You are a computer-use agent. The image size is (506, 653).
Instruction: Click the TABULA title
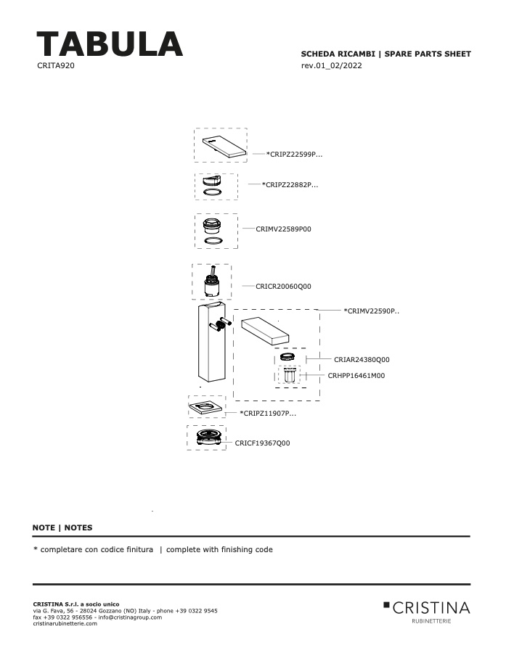pos(110,44)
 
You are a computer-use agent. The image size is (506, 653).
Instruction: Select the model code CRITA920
pos(56,65)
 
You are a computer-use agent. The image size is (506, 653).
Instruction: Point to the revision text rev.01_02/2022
pos(331,65)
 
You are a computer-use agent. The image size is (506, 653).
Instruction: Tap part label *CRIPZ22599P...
pos(294,154)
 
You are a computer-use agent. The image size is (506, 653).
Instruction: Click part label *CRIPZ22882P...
pos(290,184)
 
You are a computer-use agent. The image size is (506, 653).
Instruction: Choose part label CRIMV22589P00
pos(283,229)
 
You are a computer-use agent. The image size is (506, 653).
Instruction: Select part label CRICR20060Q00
pos(283,286)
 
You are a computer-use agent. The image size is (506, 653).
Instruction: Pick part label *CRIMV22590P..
pos(372,311)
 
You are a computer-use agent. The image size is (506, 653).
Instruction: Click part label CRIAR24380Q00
pos(362,359)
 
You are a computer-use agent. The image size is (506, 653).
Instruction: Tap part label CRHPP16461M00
pos(356,375)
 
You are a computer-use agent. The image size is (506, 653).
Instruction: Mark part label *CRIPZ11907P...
pos(268,413)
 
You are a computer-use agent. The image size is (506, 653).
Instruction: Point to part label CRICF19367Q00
pos(263,443)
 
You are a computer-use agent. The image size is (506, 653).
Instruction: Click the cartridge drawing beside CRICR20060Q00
pos(212,282)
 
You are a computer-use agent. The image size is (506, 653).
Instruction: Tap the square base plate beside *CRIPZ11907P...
pos(206,406)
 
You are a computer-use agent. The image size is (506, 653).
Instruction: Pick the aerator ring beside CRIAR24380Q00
pos(287,356)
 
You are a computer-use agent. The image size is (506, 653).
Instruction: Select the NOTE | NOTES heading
pos(62,527)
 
